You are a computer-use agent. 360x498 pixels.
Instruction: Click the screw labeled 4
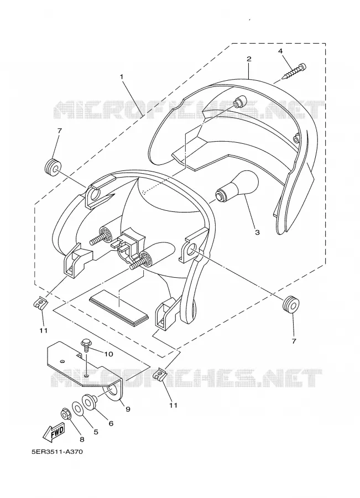[294, 72]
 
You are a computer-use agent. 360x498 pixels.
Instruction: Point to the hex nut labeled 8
[66, 414]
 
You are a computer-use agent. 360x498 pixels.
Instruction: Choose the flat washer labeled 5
[78, 408]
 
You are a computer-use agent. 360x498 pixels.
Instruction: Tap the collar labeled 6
[90, 401]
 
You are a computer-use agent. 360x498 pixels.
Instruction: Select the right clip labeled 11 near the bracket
[160, 374]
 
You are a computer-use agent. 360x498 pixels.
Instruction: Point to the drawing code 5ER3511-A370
[57, 452]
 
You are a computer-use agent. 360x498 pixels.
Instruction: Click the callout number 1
[121, 76]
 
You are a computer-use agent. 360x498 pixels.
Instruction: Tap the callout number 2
[249, 59]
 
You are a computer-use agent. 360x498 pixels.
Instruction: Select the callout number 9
[128, 409]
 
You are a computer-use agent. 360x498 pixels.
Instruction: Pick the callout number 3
[258, 232]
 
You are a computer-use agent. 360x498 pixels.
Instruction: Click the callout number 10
[108, 354]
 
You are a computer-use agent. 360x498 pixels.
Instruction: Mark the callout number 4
[280, 51]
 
